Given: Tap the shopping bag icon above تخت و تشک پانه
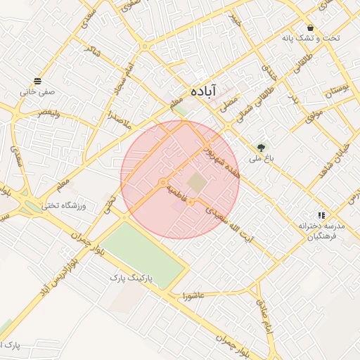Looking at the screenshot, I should [x=310, y=27].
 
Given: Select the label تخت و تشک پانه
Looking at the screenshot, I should [x=310, y=38].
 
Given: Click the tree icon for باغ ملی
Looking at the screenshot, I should [x=262, y=148].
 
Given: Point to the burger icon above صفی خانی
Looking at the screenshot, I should [x=37, y=81].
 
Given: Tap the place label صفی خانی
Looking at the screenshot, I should [x=37, y=91].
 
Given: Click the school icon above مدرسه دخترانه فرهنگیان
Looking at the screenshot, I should [x=321, y=215].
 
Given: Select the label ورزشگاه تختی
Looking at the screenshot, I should [x=64, y=205].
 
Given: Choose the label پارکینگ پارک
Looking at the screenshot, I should [x=136, y=278].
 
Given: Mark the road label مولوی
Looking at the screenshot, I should [x=314, y=112].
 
